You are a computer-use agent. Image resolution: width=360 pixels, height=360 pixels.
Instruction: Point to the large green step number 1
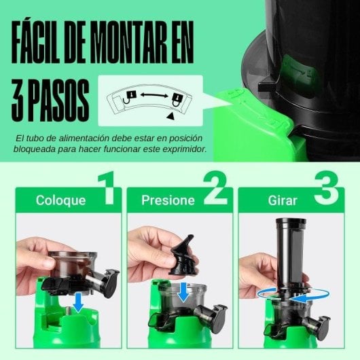coord(107,190)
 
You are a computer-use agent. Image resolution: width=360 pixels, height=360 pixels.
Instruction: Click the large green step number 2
coord(215,190)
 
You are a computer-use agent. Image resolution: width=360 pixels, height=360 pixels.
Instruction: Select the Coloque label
coord(61,200)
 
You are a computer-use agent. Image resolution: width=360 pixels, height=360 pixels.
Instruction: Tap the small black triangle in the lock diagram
coord(170,117)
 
